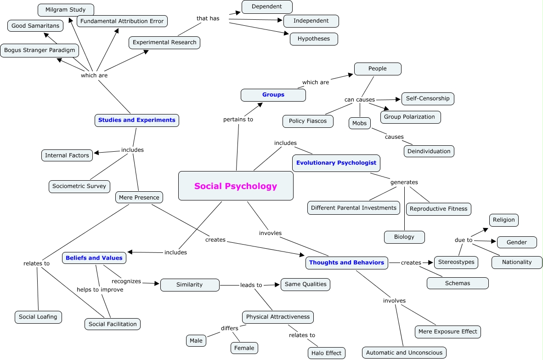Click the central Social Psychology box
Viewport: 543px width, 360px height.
point(236,186)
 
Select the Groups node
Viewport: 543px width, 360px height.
point(273,95)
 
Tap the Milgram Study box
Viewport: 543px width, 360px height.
point(65,10)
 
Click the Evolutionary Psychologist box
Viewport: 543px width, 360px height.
point(336,163)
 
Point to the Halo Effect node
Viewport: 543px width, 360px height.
point(326,353)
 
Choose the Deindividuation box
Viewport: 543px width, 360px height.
point(429,151)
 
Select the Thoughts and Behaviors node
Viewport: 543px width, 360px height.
point(346,263)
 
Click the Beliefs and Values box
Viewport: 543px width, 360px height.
point(94,258)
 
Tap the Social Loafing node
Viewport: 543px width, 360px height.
point(38,317)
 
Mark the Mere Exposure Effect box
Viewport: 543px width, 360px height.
point(447,331)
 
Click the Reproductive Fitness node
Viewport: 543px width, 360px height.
point(438,208)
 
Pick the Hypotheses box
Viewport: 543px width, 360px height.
point(314,39)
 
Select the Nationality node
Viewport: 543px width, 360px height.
point(517,262)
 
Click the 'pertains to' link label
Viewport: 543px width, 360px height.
point(238,120)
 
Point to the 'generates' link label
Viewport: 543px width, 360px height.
point(404,182)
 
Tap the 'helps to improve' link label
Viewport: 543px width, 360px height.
point(100,290)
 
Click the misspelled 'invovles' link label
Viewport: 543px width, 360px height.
point(270,233)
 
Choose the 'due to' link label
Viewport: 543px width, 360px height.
point(464,240)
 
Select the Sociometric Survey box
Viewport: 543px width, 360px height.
point(79,186)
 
